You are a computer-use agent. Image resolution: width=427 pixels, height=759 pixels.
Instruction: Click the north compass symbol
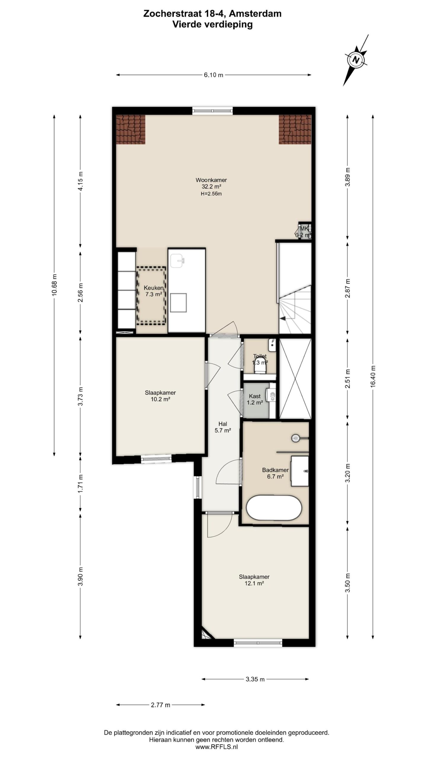click(x=356, y=60)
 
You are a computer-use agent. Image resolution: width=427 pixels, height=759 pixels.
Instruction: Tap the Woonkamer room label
click(x=211, y=180)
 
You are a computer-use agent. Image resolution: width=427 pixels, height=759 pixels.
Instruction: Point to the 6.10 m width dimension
click(x=213, y=75)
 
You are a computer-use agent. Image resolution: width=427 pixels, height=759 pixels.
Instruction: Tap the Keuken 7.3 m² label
click(x=154, y=291)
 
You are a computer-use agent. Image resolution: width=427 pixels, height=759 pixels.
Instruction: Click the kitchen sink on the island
click(x=178, y=261)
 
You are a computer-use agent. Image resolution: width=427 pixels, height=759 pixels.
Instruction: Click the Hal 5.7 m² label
click(x=223, y=427)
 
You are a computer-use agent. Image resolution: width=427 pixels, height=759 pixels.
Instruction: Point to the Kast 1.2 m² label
click(x=255, y=399)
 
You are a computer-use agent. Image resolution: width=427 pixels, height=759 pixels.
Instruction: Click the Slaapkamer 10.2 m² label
click(x=160, y=396)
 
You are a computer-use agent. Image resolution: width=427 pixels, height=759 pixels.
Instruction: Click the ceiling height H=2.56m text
click(x=211, y=194)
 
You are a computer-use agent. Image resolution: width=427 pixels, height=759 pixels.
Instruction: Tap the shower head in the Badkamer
click(x=296, y=438)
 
